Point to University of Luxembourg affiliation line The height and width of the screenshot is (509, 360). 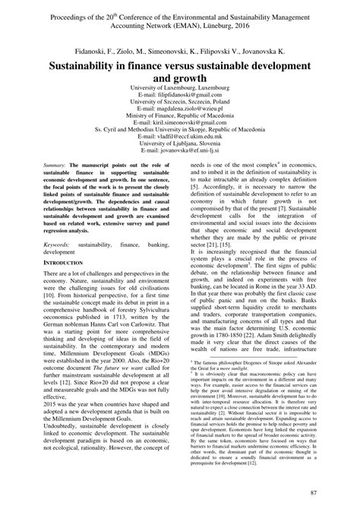point(180,87)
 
